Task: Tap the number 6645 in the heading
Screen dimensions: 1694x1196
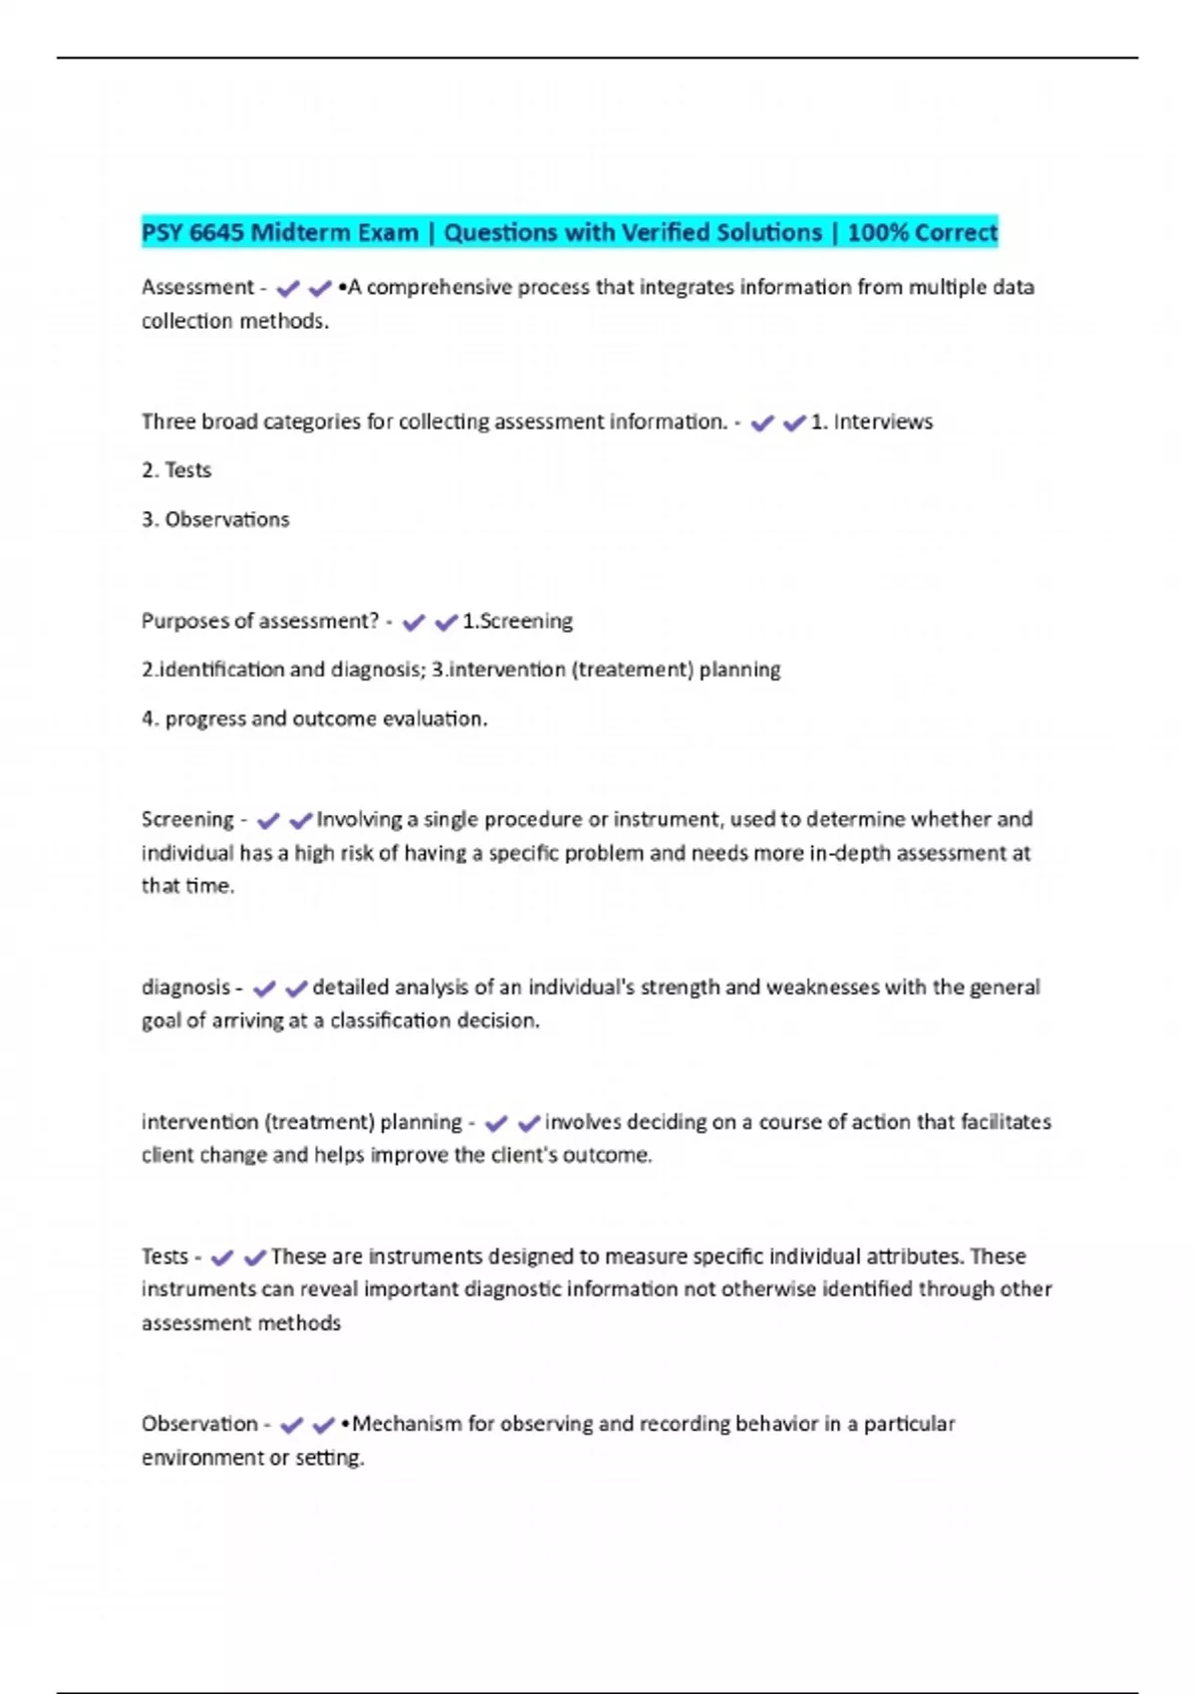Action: click(x=215, y=232)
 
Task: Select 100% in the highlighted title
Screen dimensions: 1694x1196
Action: click(x=877, y=232)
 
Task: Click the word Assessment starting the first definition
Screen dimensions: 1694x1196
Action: click(x=197, y=287)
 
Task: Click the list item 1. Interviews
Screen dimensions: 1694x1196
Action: click(x=872, y=422)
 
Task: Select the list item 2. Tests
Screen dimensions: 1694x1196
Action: click(x=176, y=470)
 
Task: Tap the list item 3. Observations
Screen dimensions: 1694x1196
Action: click(x=215, y=519)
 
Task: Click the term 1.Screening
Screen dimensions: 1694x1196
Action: click(x=517, y=621)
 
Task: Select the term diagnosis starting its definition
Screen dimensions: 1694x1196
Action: click(x=185, y=988)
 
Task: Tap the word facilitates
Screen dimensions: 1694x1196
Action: click(x=1006, y=1122)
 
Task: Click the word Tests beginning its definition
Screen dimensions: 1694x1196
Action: click(x=164, y=1257)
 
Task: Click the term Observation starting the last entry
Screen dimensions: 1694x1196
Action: click(x=199, y=1424)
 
